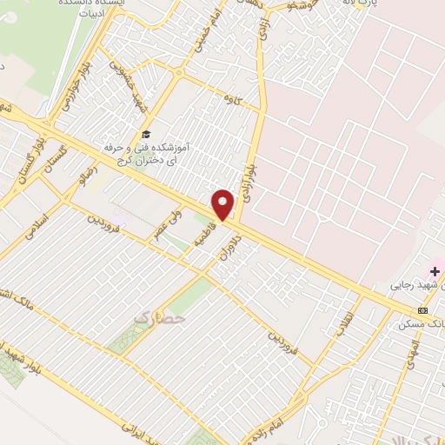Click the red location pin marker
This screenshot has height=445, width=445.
click(x=223, y=204)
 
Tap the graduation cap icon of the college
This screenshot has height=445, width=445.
click(x=146, y=135)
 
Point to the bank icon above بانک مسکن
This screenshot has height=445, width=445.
click(x=423, y=309)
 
